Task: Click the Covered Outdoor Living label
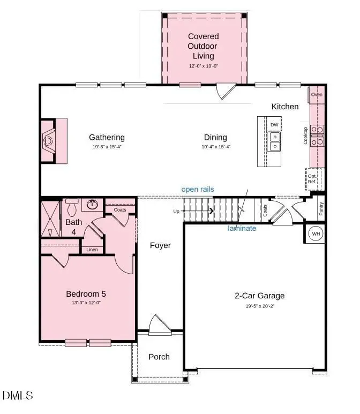click(x=203, y=46)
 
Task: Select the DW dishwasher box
click(x=274, y=125)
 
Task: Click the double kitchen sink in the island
click(x=274, y=141)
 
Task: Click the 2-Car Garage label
click(x=259, y=296)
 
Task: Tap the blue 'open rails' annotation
click(x=198, y=189)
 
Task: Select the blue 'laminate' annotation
click(x=242, y=228)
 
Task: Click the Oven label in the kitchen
click(x=317, y=95)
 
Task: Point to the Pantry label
click(x=320, y=208)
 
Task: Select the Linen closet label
click(x=92, y=250)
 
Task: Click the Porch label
click(x=159, y=357)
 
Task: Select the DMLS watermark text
click(x=18, y=396)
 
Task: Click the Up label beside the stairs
click(x=176, y=212)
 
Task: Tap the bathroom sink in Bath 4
click(x=92, y=204)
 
